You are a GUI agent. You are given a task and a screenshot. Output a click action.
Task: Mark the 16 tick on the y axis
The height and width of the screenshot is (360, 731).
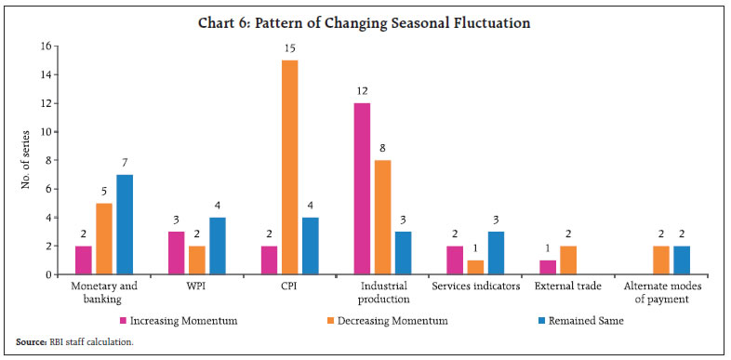click(43, 46)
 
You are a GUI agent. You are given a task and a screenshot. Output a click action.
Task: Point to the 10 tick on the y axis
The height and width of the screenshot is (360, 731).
click(43, 131)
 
